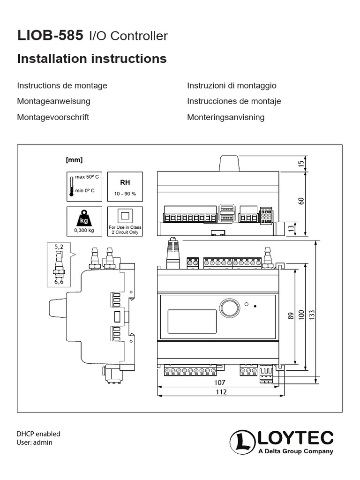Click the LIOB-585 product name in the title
pos(50,35)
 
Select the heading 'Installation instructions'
pos(92,59)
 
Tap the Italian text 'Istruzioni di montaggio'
pos(232,85)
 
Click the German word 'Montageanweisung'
pos(53,101)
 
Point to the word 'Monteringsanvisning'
pos(225,117)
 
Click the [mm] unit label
pos(75,160)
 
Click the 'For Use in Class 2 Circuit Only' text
pos(125,230)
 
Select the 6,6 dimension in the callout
pos(59,282)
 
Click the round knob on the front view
pos(230,308)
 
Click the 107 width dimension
pos(220,382)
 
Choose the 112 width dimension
pos(220,392)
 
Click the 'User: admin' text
pos(35,442)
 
